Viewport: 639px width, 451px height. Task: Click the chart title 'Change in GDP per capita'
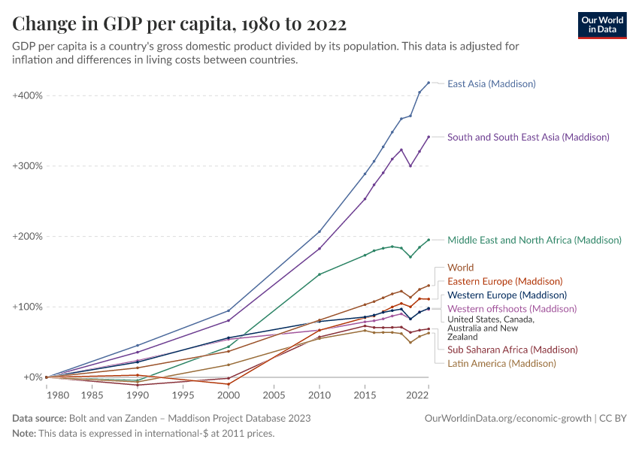coord(179,24)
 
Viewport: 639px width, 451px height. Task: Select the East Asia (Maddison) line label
coord(491,83)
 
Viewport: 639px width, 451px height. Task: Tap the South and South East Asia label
coord(528,137)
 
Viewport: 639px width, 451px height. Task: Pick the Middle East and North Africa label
coord(534,241)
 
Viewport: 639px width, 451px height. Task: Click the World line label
coord(461,268)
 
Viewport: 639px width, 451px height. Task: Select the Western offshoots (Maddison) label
coord(512,309)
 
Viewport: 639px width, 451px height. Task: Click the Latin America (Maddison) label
coord(501,363)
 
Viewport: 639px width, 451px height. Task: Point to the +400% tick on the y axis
coord(28,95)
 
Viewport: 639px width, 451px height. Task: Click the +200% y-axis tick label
coord(28,236)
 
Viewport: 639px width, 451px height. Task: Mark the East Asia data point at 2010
coord(319,232)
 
